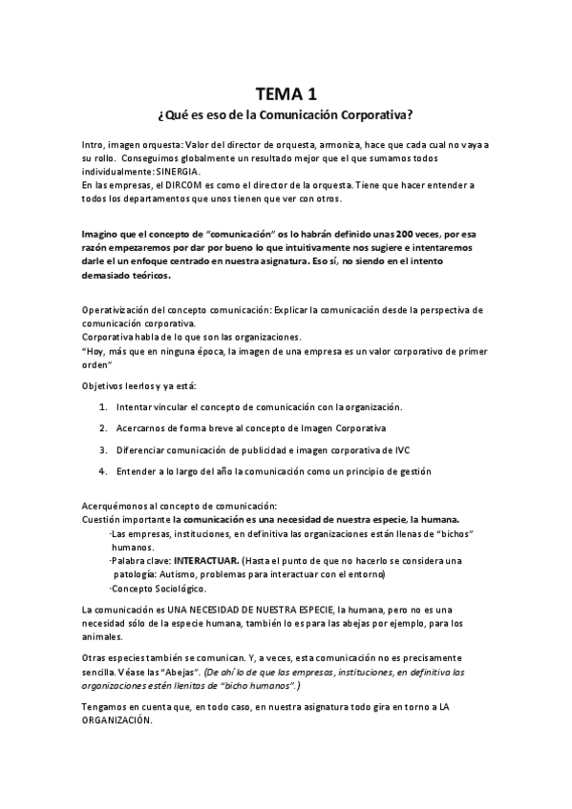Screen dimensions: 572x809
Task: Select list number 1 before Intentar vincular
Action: coord(102,406)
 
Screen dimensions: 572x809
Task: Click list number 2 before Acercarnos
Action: coord(102,427)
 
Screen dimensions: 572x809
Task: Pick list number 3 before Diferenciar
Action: coord(102,449)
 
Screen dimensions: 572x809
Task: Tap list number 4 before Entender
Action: coord(102,470)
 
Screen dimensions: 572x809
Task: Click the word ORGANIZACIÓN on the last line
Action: coord(117,723)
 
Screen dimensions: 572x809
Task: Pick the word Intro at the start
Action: coord(94,143)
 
